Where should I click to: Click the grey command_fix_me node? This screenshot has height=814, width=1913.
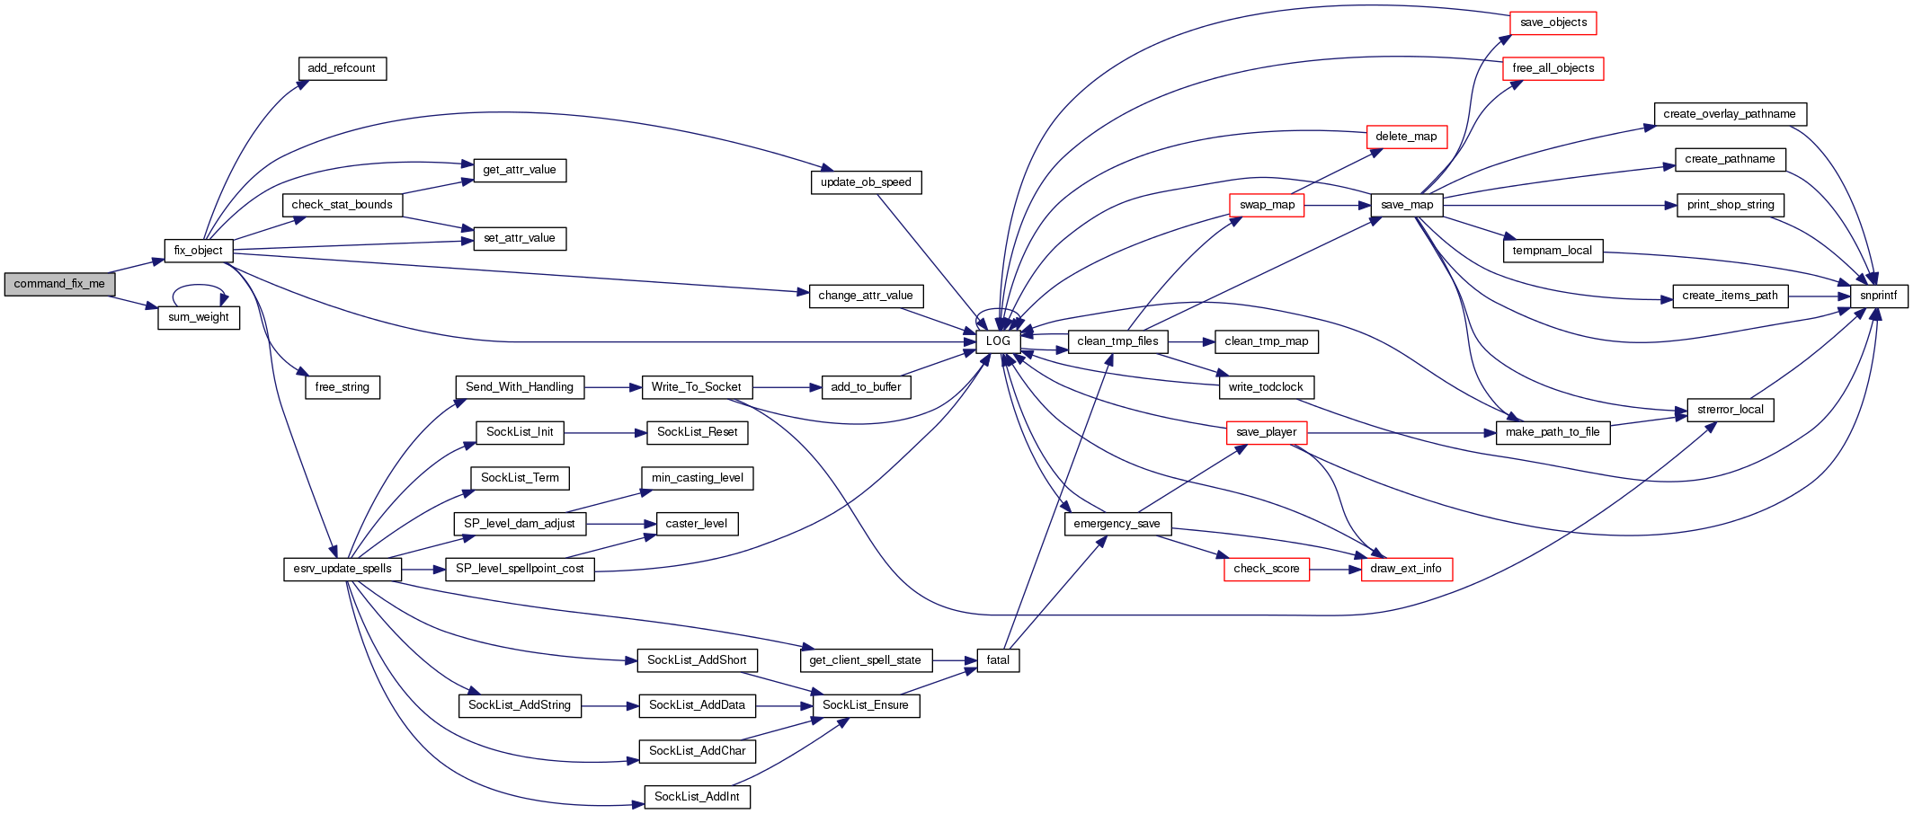[x=59, y=284]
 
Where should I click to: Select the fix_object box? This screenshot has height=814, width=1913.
[x=199, y=251]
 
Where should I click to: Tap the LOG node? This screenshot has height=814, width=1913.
[x=998, y=341]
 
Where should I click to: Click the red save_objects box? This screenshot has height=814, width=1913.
[x=1553, y=22]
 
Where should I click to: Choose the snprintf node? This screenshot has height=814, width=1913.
[x=1878, y=296]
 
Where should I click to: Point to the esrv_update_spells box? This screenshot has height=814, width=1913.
[x=343, y=569]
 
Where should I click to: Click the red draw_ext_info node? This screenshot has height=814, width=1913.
[x=1406, y=569]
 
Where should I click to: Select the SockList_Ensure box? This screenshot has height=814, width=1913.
[x=865, y=705]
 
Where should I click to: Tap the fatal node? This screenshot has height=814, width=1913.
[x=998, y=660]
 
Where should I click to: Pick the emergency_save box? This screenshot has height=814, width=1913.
[x=1117, y=524]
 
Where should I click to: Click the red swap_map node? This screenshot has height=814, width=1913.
[x=1267, y=205]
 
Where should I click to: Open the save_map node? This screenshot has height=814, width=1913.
[x=1407, y=205]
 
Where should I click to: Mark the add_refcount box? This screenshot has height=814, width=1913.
[x=342, y=68]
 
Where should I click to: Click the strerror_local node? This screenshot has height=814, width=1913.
[x=1730, y=410]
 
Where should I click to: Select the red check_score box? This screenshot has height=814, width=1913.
[x=1266, y=569]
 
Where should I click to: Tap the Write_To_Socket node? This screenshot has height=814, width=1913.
[x=697, y=387]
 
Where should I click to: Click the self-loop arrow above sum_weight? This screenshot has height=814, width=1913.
[x=199, y=288]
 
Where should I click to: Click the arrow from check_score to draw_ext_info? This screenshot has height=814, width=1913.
[x=1335, y=569]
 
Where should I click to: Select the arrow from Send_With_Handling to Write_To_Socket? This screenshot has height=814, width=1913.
[x=612, y=387]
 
